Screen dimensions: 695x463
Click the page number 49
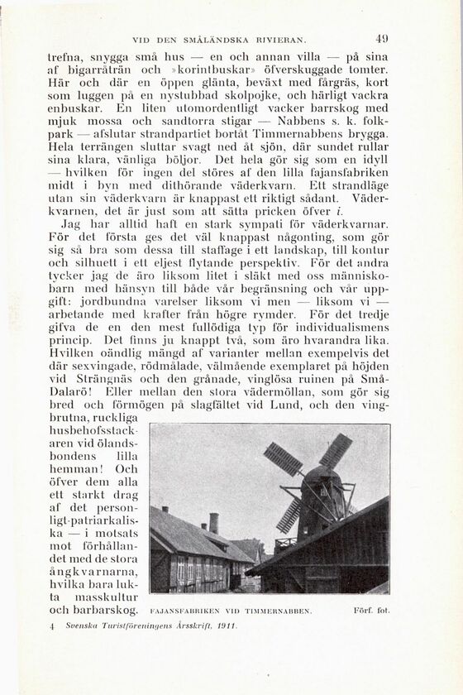click(381, 37)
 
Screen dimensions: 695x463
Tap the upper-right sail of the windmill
click(335, 451)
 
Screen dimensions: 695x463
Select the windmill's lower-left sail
click(289, 515)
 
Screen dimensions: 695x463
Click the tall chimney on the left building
click(214, 523)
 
